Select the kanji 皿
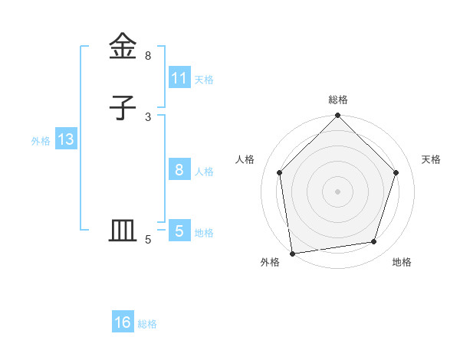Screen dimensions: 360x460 click(123, 230)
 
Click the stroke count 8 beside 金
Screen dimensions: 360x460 click(148, 56)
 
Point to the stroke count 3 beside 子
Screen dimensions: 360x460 click(148, 116)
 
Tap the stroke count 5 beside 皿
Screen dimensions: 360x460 click(148, 240)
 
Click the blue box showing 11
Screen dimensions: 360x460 click(179, 78)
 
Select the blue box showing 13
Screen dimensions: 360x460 click(65, 139)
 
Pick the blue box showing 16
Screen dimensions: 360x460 click(123, 322)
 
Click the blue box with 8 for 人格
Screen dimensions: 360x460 click(179, 170)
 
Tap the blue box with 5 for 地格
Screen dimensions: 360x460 click(179, 231)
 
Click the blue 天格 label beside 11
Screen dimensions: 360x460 click(204, 79)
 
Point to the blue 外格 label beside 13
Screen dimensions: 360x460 click(41, 140)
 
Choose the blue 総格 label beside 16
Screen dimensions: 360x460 click(147, 324)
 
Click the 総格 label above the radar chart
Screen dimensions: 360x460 click(338, 100)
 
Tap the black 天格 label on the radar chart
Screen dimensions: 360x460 click(432, 159)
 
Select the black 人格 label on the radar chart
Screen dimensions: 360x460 click(245, 159)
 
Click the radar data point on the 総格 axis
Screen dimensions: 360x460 click(338, 116)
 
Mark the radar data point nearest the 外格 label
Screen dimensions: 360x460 click(292, 253)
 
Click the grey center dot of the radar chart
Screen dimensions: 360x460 click(338, 191)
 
